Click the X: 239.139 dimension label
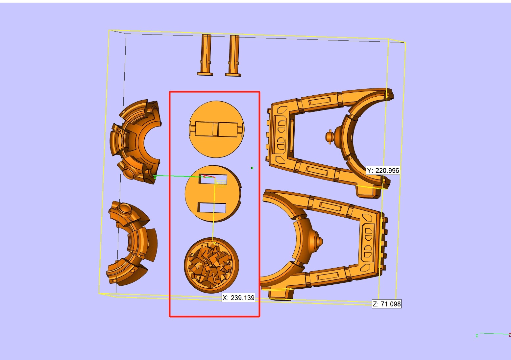[238, 298]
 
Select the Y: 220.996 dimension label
[383, 170]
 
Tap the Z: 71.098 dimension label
[387, 304]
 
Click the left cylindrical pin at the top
[205, 55]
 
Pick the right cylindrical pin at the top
[233, 56]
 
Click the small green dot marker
[252, 168]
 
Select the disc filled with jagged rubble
[211, 265]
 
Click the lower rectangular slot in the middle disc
[212, 207]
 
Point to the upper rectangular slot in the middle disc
[213, 179]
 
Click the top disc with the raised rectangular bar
[217, 129]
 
